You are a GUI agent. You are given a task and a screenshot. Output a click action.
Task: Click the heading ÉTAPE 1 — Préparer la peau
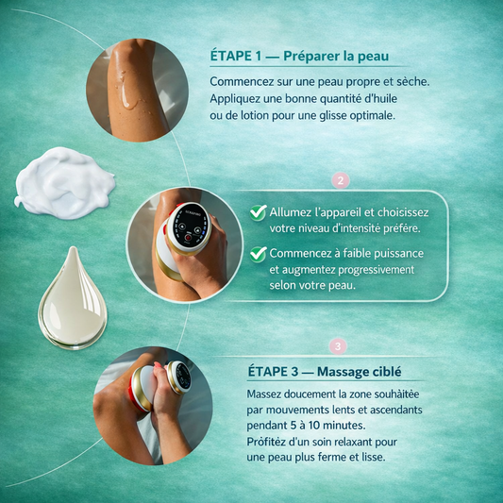[299, 56]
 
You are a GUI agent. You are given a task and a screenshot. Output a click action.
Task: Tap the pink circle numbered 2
[341, 180]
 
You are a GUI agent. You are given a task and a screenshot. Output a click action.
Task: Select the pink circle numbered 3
[338, 346]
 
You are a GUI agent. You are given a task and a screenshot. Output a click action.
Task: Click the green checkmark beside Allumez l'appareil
[259, 212]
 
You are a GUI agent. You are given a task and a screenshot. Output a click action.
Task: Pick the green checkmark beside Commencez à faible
[259, 255]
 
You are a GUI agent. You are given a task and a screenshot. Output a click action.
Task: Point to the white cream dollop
[64, 183]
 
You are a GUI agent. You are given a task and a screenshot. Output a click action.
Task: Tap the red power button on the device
[188, 238]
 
